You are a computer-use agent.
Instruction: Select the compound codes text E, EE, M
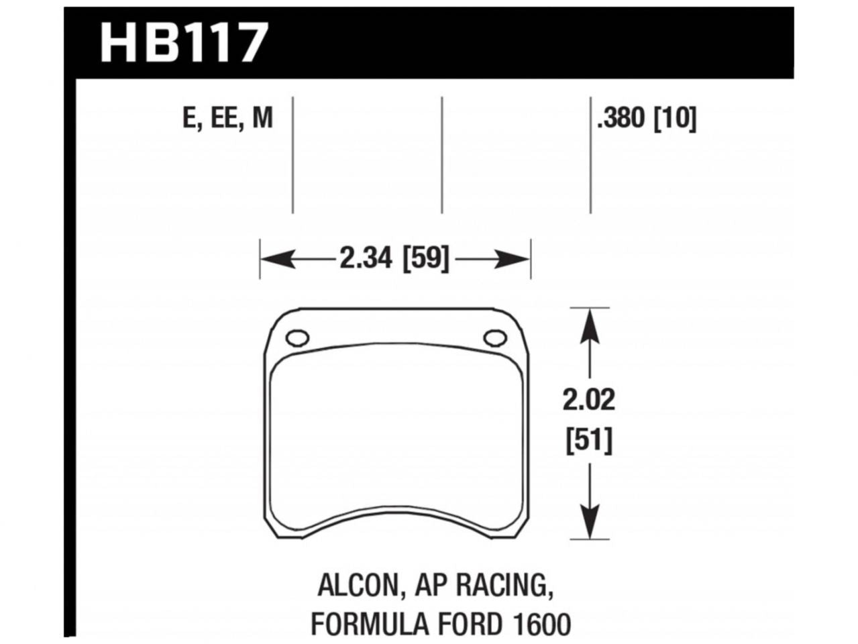pyautogui.click(x=227, y=119)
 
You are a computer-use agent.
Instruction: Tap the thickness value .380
pyautogui.click(x=621, y=119)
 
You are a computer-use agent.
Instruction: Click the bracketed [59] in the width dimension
pyautogui.click(x=425, y=258)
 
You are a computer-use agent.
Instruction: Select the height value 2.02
pyautogui.click(x=588, y=400)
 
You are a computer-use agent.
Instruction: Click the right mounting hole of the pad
pyautogui.click(x=496, y=338)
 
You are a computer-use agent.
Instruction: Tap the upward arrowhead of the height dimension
pyautogui.click(x=589, y=323)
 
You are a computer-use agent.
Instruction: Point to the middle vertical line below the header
pyautogui.click(x=442, y=154)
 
